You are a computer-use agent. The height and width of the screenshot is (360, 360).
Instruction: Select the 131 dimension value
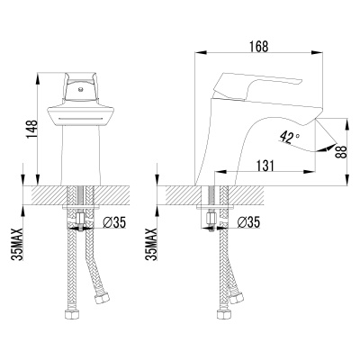pyautogui.click(x=264, y=166)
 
